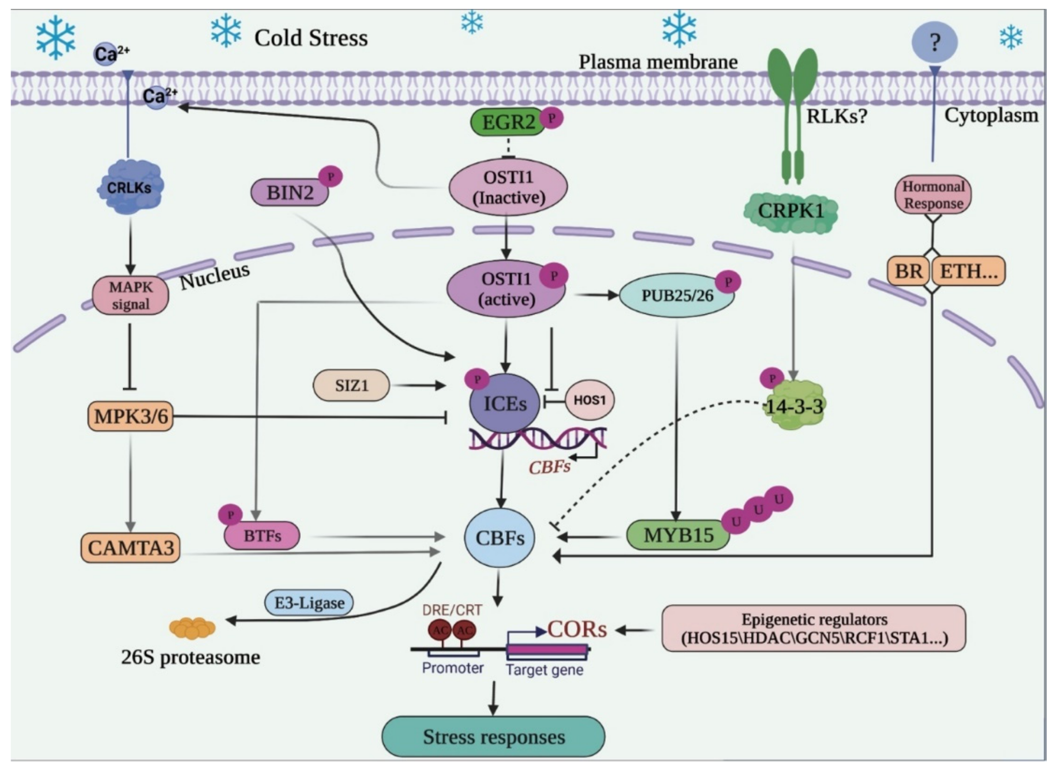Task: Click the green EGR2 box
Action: coord(507,122)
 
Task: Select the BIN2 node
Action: coord(290,192)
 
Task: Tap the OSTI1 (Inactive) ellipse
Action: coord(508,187)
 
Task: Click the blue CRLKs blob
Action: coord(130,187)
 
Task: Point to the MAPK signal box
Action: coord(131,296)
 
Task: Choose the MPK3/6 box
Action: coord(131,416)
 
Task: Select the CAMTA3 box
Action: coord(131,548)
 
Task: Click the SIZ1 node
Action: coord(351,385)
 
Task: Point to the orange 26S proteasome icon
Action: coord(192,628)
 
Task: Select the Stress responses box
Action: coord(493,737)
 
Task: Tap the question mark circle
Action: coord(934,42)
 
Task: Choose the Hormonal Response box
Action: coord(933,195)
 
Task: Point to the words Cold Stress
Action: coord(311,38)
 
